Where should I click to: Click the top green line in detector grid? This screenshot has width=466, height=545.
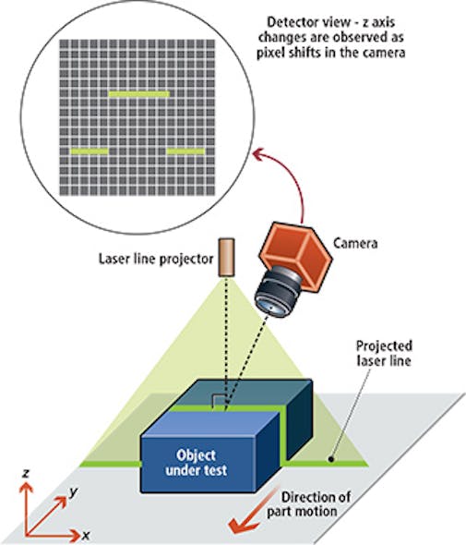[x=139, y=94]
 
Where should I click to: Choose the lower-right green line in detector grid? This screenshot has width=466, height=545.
[x=185, y=151]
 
